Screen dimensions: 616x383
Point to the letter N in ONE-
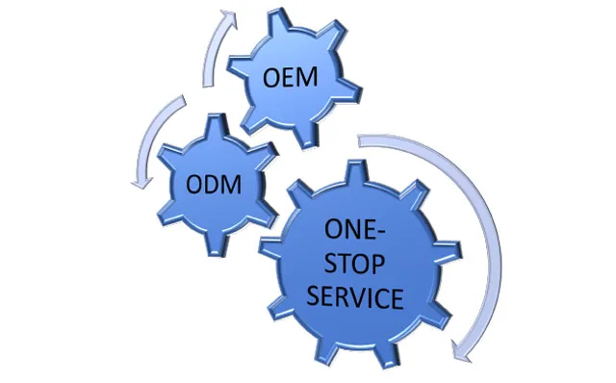[353, 233]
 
